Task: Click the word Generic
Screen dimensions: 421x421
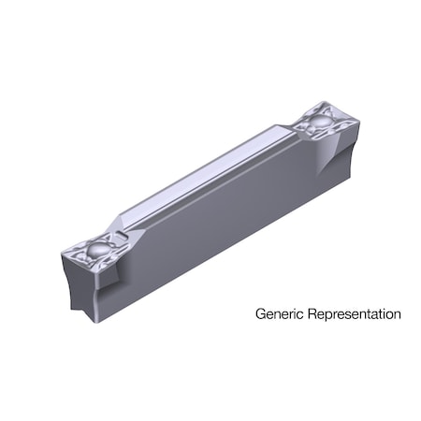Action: [280, 314]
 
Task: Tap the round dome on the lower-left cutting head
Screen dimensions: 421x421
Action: [94, 248]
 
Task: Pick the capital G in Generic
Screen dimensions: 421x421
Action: [260, 314]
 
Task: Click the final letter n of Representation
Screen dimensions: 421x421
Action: [397, 314]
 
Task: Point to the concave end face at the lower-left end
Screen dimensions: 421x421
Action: [77, 285]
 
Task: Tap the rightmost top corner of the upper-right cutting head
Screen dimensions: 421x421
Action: [354, 123]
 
